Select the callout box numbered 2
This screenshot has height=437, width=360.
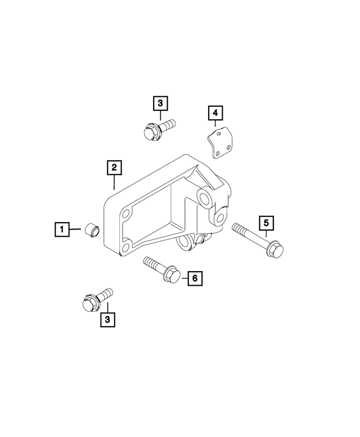[114, 167]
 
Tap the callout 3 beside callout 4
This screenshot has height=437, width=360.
[160, 103]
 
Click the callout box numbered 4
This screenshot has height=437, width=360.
[214, 114]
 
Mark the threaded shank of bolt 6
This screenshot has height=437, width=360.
[152, 264]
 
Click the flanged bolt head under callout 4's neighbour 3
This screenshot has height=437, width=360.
[149, 133]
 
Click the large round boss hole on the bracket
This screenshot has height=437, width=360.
[204, 197]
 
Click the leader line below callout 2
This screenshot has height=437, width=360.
[114, 182]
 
